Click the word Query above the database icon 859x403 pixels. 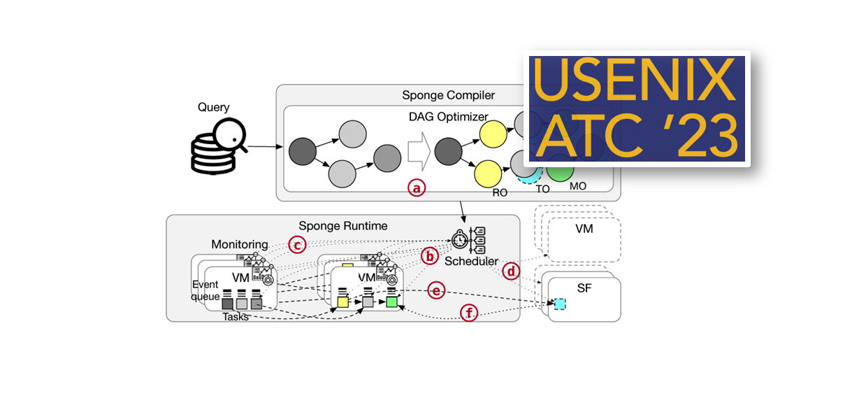pyautogui.click(x=213, y=107)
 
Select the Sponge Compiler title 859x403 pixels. pyautogui.click(x=448, y=95)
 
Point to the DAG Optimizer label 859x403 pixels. pyautogui.click(x=448, y=116)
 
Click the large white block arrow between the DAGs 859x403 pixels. pyautogui.click(x=417, y=152)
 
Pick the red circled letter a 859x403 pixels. pyautogui.click(x=417, y=188)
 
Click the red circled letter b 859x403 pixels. pyautogui.click(x=431, y=257)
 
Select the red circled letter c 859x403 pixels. pyautogui.click(x=298, y=244)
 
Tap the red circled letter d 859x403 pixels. pyautogui.click(x=511, y=271)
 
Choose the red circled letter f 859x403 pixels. pyautogui.click(x=468, y=313)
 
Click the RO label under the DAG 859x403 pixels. pyautogui.click(x=499, y=192)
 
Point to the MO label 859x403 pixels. pyautogui.click(x=577, y=186)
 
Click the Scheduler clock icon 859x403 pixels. pyautogui.click(x=460, y=239)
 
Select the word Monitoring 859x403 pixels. pyautogui.click(x=240, y=244)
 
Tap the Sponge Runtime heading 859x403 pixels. pyautogui.click(x=342, y=226)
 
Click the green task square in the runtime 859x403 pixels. pyautogui.click(x=392, y=302)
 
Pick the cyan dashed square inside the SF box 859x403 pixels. pyautogui.click(x=560, y=304)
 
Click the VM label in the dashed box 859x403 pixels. pyautogui.click(x=584, y=229)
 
